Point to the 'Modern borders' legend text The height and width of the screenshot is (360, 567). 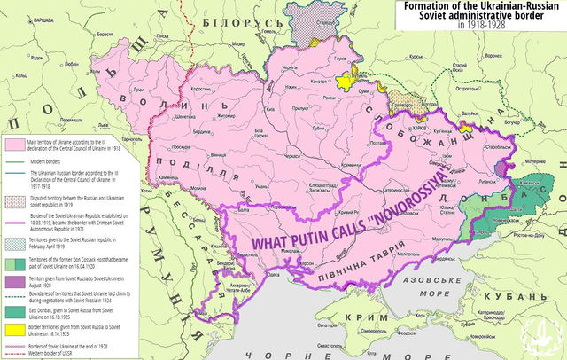point(49,160)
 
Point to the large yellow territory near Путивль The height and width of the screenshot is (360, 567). point(341,81)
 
